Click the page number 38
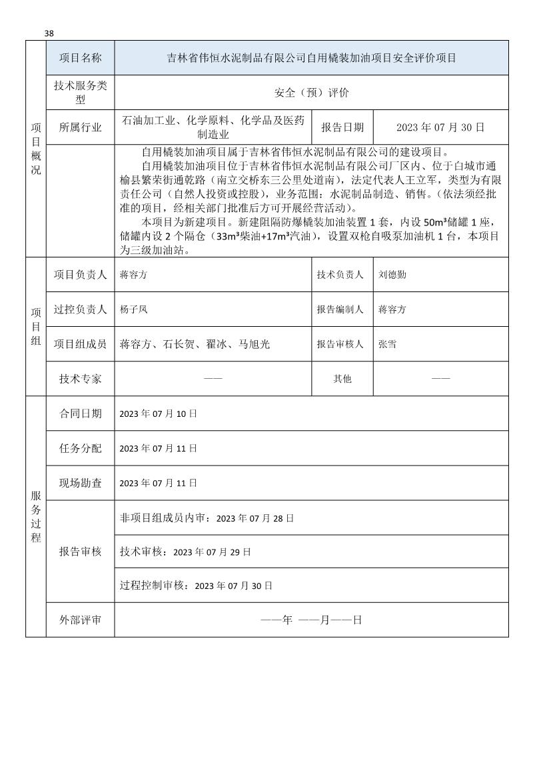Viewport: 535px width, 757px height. pyautogui.click(x=49, y=33)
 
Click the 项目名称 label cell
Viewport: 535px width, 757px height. pyautogui.click(x=81, y=58)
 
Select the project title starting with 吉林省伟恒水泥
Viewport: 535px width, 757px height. pyautogui.click(x=311, y=58)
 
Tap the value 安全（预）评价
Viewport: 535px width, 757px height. pyautogui.click(x=311, y=93)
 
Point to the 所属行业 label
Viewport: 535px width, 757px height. pyautogui.click(x=81, y=127)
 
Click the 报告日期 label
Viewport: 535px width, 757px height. pyautogui.click(x=342, y=127)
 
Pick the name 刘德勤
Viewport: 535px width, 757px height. pyautogui.click(x=392, y=274)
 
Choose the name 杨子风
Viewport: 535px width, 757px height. pyautogui.click(x=133, y=309)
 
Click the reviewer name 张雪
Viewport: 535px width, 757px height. pyautogui.click(x=387, y=344)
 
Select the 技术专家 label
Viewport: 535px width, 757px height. pyautogui.click(x=81, y=379)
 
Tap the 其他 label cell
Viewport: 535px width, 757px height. pyautogui.click(x=342, y=379)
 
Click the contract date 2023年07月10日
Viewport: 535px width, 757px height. pyautogui.click(x=158, y=414)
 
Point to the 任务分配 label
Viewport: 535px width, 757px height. pyautogui.click(x=81, y=448)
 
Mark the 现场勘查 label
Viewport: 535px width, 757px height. pyautogui.click(x=81, y=483)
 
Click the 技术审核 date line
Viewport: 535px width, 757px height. pyautogui.click(x=185, y=552)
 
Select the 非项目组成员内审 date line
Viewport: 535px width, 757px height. pyautogui.click(x=207, y=518)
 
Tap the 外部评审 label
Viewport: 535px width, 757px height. pyautogui.click(x=81, y=620)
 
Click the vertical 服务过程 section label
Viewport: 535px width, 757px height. pyautogui.click(x=36, y=516)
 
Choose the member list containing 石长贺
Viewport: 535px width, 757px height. pyautogui.click(x=195, y=344)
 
